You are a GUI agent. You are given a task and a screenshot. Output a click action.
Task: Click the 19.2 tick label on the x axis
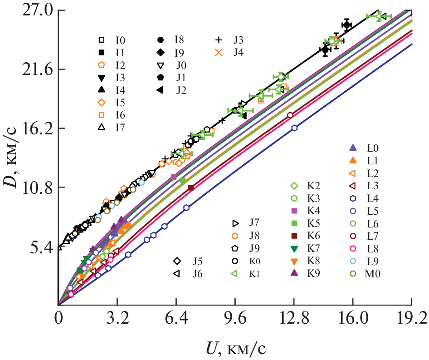point(411,320)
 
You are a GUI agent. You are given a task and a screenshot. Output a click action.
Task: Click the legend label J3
point(239,39)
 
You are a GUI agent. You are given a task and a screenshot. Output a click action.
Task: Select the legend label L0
point(373,148)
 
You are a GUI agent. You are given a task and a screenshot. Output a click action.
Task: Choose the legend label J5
point(197,261)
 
